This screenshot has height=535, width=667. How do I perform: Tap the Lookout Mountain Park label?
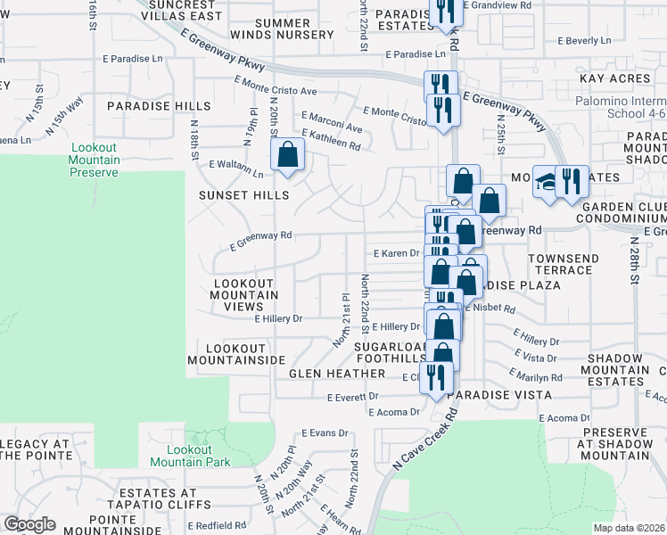point(190,456)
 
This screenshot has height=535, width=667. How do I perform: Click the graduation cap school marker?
point(545,182)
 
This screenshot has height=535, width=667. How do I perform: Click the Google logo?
point(29,524)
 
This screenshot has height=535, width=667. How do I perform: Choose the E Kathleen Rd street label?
point(332,139)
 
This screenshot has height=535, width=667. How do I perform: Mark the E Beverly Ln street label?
point(584,40)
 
